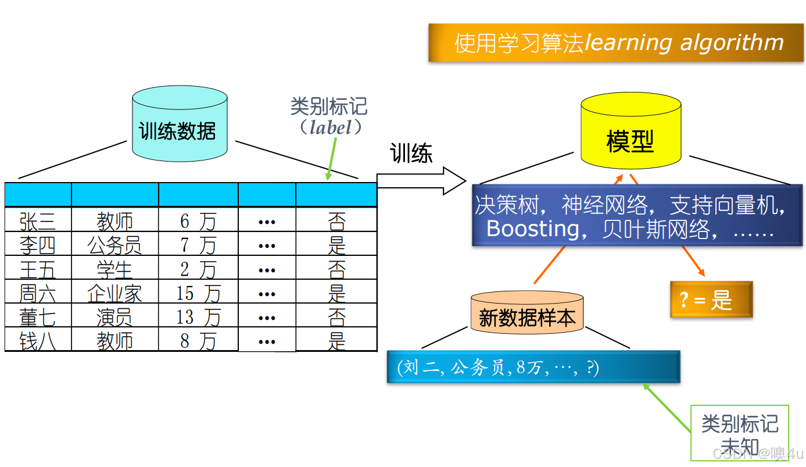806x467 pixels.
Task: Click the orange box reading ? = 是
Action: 711,300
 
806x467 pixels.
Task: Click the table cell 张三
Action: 38,220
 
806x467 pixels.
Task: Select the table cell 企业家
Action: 114,293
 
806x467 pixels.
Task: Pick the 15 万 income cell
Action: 198,293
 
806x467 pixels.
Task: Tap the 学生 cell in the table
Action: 114,269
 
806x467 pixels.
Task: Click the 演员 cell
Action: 114,316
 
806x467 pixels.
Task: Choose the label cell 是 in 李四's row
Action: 336,245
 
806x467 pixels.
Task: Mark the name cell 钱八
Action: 38,340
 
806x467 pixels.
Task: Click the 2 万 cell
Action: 198,269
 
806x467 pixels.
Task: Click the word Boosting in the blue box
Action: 532,229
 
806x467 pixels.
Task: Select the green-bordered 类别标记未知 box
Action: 739,433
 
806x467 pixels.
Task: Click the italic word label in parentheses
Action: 330,127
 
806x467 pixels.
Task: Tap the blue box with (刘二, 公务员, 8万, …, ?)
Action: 533,367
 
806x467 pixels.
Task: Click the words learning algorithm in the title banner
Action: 684,42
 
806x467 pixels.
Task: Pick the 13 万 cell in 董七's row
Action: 198,316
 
